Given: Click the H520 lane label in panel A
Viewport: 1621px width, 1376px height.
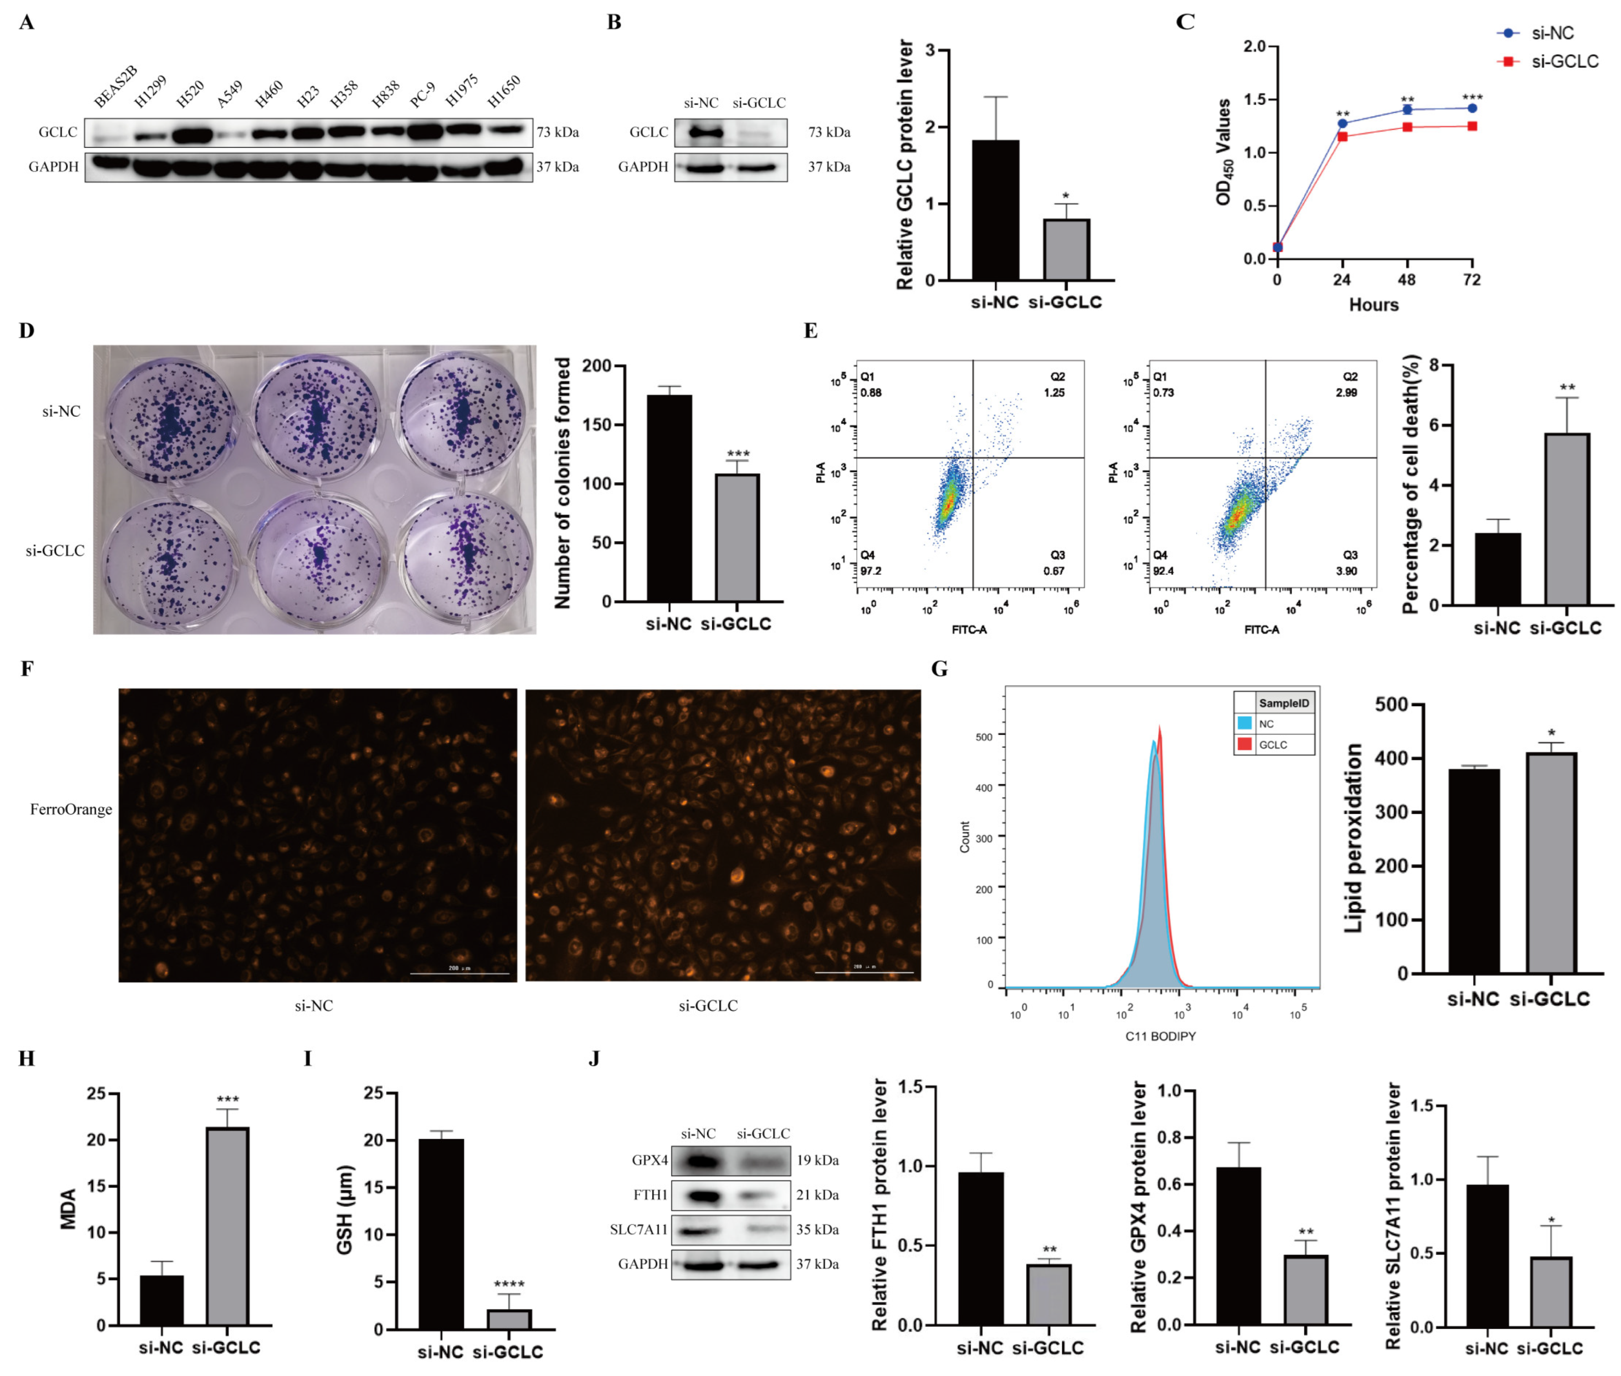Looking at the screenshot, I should point(190,93).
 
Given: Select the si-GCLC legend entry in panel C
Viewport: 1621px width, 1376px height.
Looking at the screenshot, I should point(1563,61).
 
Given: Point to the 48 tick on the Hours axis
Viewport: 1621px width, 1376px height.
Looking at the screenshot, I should point(1406,279).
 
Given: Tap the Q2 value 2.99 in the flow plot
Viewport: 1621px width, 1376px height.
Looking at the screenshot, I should point(1346,392).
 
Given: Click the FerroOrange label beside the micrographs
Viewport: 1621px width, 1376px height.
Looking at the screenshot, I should point(71,810).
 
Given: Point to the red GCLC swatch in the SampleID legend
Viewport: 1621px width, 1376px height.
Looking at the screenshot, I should point(1244,744).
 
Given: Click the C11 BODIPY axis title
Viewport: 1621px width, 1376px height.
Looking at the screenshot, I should point(1160,1036).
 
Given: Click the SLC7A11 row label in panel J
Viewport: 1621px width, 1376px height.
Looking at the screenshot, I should point(638,1229).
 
